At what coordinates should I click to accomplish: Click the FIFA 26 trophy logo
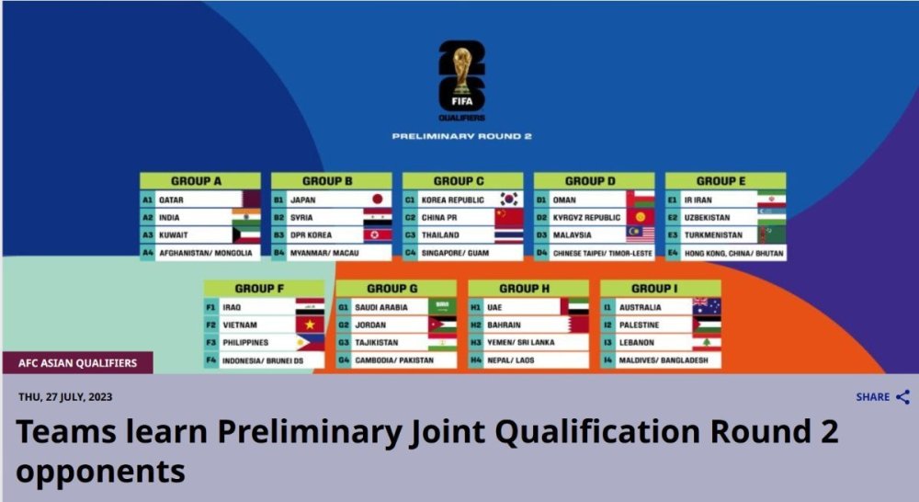[x=462, y=80]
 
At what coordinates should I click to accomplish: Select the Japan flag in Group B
[x=378, y=200]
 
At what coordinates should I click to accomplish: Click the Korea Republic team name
[x=452, y=200]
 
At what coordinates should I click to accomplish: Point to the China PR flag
[x=509, y=218]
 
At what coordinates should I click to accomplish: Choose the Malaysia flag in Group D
[x=640, y=234]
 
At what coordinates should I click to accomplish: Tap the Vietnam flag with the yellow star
[x=310, y=325]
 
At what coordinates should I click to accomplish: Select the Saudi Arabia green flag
[x=442, y=307]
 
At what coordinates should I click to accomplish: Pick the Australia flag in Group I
[x=707, y=307]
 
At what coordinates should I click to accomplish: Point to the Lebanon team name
[x=636, y=343]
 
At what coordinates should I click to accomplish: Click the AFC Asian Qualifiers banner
[x=77, y=363]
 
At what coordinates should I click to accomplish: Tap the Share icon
[x=903, y=397]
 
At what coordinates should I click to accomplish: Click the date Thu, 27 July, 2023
[x=65, y=397]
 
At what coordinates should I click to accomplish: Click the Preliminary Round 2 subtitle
[x=462, y=136]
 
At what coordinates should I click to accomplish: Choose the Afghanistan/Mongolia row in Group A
[x=199, y=253]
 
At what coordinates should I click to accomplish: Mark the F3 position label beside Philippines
[x=211, y=343]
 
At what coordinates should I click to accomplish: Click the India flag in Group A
[x=246, y=217]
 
